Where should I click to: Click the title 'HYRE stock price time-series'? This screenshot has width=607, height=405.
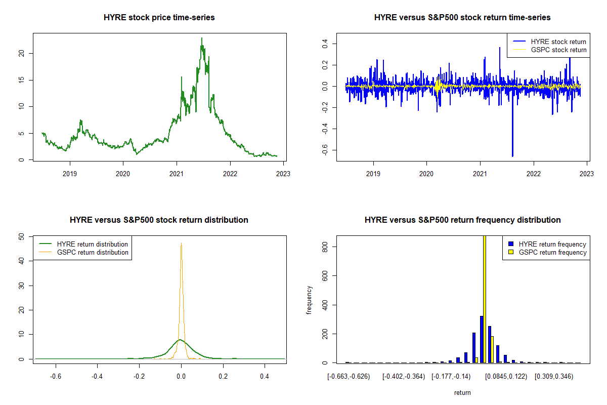159,18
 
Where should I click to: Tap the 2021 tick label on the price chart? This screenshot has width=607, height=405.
177,173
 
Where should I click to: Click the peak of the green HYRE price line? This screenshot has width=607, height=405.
202,38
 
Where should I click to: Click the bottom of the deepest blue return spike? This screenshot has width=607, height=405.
512,156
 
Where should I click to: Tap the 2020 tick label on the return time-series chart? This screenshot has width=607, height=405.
426,173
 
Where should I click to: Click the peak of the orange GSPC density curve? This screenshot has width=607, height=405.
181,244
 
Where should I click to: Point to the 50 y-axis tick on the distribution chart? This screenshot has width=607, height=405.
21,236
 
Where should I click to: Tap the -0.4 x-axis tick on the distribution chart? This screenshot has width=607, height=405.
97,377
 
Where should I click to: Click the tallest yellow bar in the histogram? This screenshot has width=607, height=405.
484,299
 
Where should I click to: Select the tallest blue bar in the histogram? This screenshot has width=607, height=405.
482,339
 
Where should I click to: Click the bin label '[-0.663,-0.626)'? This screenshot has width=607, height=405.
349,377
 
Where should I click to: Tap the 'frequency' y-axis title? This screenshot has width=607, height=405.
309,300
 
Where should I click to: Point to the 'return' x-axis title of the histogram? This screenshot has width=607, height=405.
462,392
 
